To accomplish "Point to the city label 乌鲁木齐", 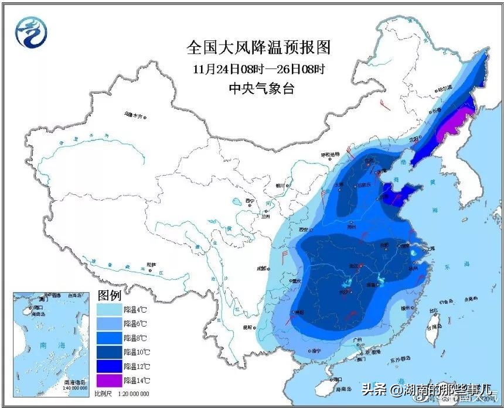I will (x=133, y=116).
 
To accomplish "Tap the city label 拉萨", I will (x=152, y=265).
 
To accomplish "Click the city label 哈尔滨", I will (x=445, y=89).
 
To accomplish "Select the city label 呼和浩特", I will (x=330, y=155).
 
